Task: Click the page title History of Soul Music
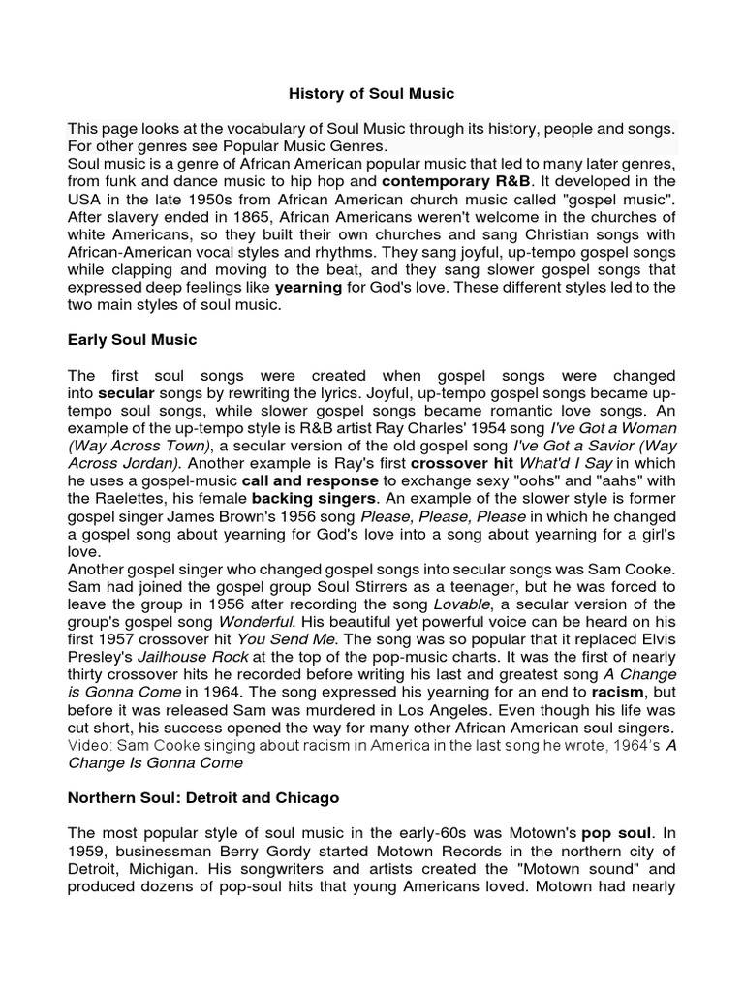pyautogui.click(x=372, y=94)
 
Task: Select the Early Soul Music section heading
pyautogui.click(x=132, y=339)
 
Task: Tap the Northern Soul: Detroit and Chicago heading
pyautogui.click(x=203, y=798)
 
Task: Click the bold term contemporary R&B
pyautogui.click(x=446, y=181)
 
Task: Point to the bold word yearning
pyautogui.click(x=308, y=288)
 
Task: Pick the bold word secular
pyautogui.click(x=126, y=392)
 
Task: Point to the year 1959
pyautogui.click(x=86, y=852)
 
